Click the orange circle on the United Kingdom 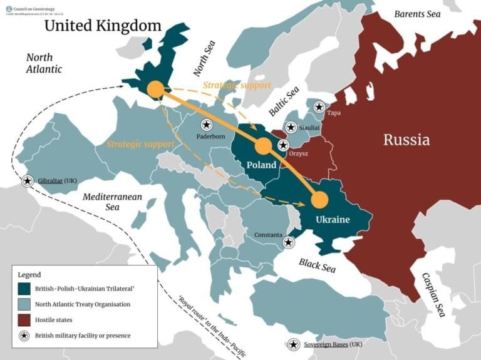[155, 90]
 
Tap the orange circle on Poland [263, 147]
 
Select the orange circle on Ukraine [319, 200]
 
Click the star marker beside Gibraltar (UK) [28, 181]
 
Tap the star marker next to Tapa [319, 106]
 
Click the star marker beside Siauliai [291, 127]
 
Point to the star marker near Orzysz [283, 145]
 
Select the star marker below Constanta [288, 242]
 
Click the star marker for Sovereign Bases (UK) [293, 344]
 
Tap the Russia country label [406, 139]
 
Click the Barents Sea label [417, 14]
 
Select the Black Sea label [317, 265]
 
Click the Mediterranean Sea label [113, 202]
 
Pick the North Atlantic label [44, 63]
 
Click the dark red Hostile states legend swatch [26, 320]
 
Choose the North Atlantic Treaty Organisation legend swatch [26, 304]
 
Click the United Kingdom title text [103, 26]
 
